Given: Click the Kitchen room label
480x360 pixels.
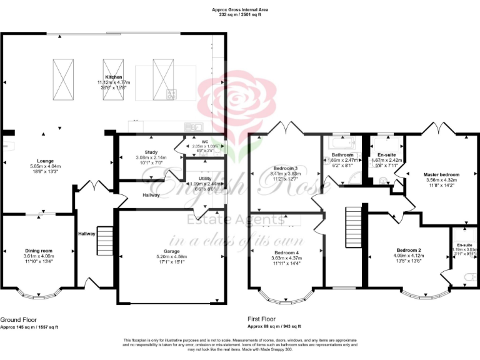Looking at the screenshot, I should coord(105,77).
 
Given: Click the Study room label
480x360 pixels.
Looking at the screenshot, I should coord(151,152).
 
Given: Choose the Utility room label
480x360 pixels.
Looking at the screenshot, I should coord(205,178).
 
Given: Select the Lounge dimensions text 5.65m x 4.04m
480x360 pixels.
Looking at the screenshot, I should coord(46,166).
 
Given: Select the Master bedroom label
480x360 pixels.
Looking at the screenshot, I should coord(441,174).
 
